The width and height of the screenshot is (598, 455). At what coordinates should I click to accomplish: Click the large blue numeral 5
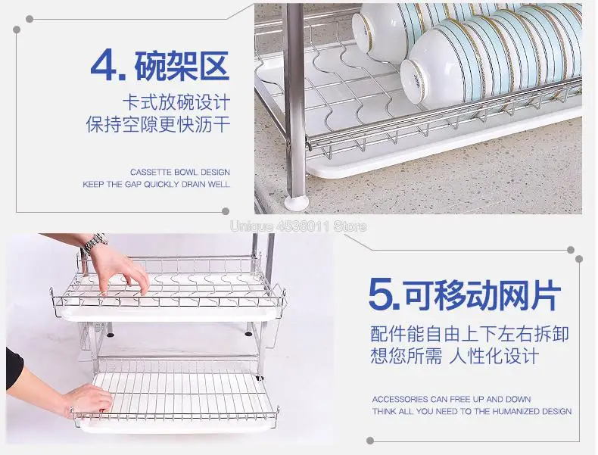(382, 294)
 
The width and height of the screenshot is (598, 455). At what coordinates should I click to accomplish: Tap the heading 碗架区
(182, 66)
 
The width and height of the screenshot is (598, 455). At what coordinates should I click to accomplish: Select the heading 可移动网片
(483, 295)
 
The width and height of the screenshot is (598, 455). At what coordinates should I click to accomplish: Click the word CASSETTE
(151, 172)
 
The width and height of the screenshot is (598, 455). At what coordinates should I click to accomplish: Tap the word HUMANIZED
(515, 412)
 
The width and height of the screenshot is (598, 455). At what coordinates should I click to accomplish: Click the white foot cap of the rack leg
(296, 204)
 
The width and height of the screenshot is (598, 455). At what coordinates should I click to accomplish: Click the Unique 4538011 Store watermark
(298, 226)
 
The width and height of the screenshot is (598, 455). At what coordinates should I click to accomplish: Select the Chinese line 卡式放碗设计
(176, 103)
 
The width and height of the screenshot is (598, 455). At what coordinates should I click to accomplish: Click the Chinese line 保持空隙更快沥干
(158, 124)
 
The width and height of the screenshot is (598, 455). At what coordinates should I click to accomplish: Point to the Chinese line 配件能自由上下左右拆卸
(469, 334)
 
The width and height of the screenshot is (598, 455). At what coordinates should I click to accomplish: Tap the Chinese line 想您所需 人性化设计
(455, 356)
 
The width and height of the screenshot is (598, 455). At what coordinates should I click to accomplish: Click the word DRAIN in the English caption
(194, 184)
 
